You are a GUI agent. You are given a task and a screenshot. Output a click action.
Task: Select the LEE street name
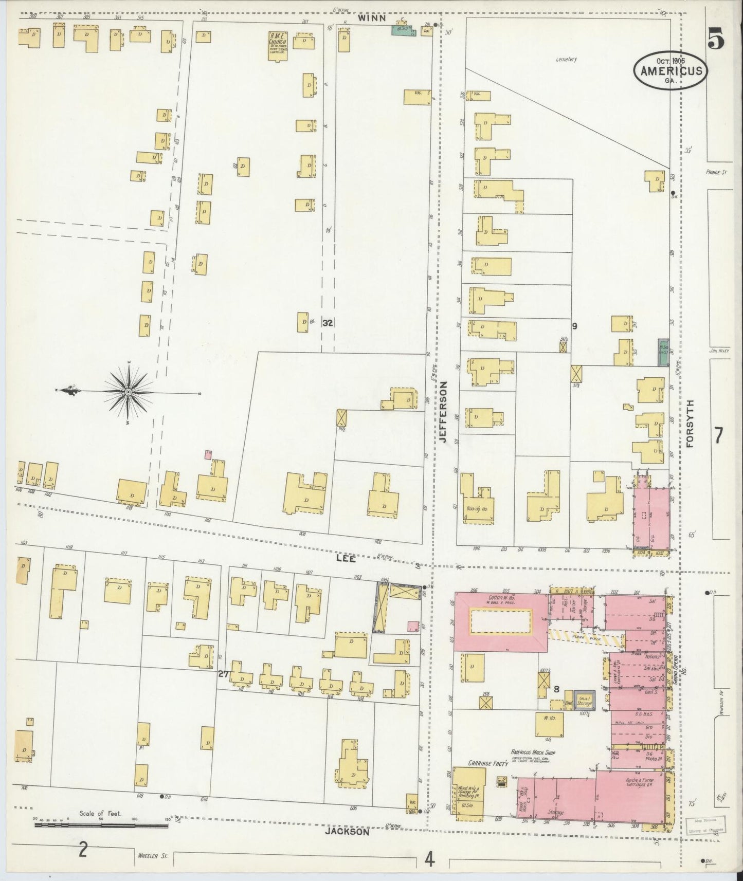pos(346,558)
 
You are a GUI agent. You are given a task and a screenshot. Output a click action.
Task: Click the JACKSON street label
pos(348,831)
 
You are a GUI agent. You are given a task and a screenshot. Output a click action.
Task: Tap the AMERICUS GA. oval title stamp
pos(671,70)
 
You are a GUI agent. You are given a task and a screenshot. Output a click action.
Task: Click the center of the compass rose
pos(127,392)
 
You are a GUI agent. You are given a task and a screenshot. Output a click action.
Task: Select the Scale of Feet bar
pos(101,825)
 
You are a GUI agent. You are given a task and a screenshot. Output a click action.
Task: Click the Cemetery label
pos(566,59)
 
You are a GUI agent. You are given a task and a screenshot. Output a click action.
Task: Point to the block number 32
pos(328,323)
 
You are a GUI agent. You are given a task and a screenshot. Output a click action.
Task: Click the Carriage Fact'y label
pos(480,764)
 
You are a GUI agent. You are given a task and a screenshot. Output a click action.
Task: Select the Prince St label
pos(715,172)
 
